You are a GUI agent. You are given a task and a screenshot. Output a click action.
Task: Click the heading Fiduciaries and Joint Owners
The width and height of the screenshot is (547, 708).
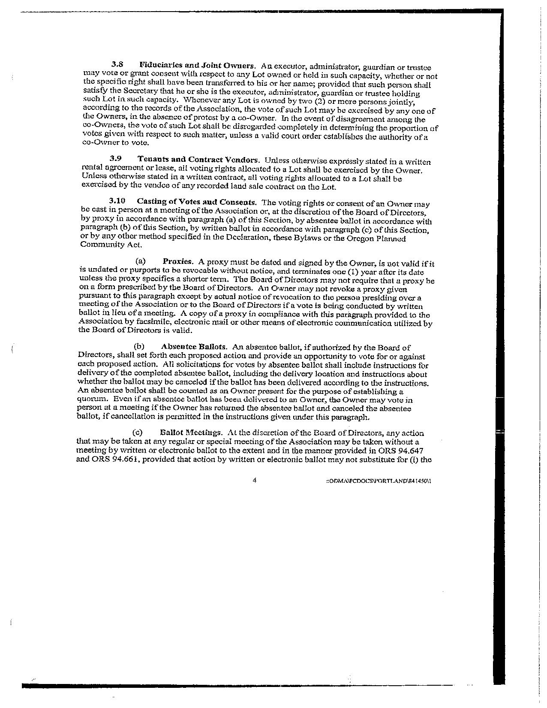tap(198, 66)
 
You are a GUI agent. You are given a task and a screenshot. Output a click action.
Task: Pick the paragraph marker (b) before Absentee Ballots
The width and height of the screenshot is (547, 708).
tap(139, 346)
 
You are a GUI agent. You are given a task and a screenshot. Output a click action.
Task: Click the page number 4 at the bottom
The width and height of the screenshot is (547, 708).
tap(255, 481)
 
